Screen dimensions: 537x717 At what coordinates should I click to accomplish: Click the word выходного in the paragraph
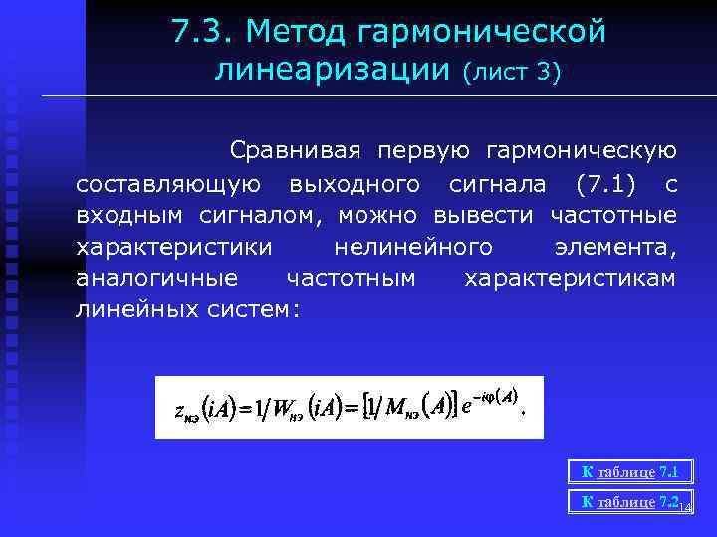(x=354, y=184)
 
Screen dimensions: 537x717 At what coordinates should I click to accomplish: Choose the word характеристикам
(x=571, y=278)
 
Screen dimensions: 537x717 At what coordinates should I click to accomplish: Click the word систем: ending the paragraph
(x=253, y=310)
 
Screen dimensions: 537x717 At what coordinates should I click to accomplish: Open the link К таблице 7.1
(x=629, y=472)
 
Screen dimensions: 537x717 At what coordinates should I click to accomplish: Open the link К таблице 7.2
(x=628, y=502)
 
